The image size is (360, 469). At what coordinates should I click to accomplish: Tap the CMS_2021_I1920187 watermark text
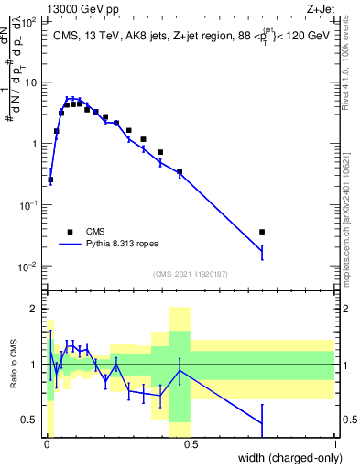point(190,274)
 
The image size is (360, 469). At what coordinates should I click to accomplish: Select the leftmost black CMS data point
point(49,180)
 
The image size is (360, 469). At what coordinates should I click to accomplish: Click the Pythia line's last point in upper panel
point(262,252)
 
